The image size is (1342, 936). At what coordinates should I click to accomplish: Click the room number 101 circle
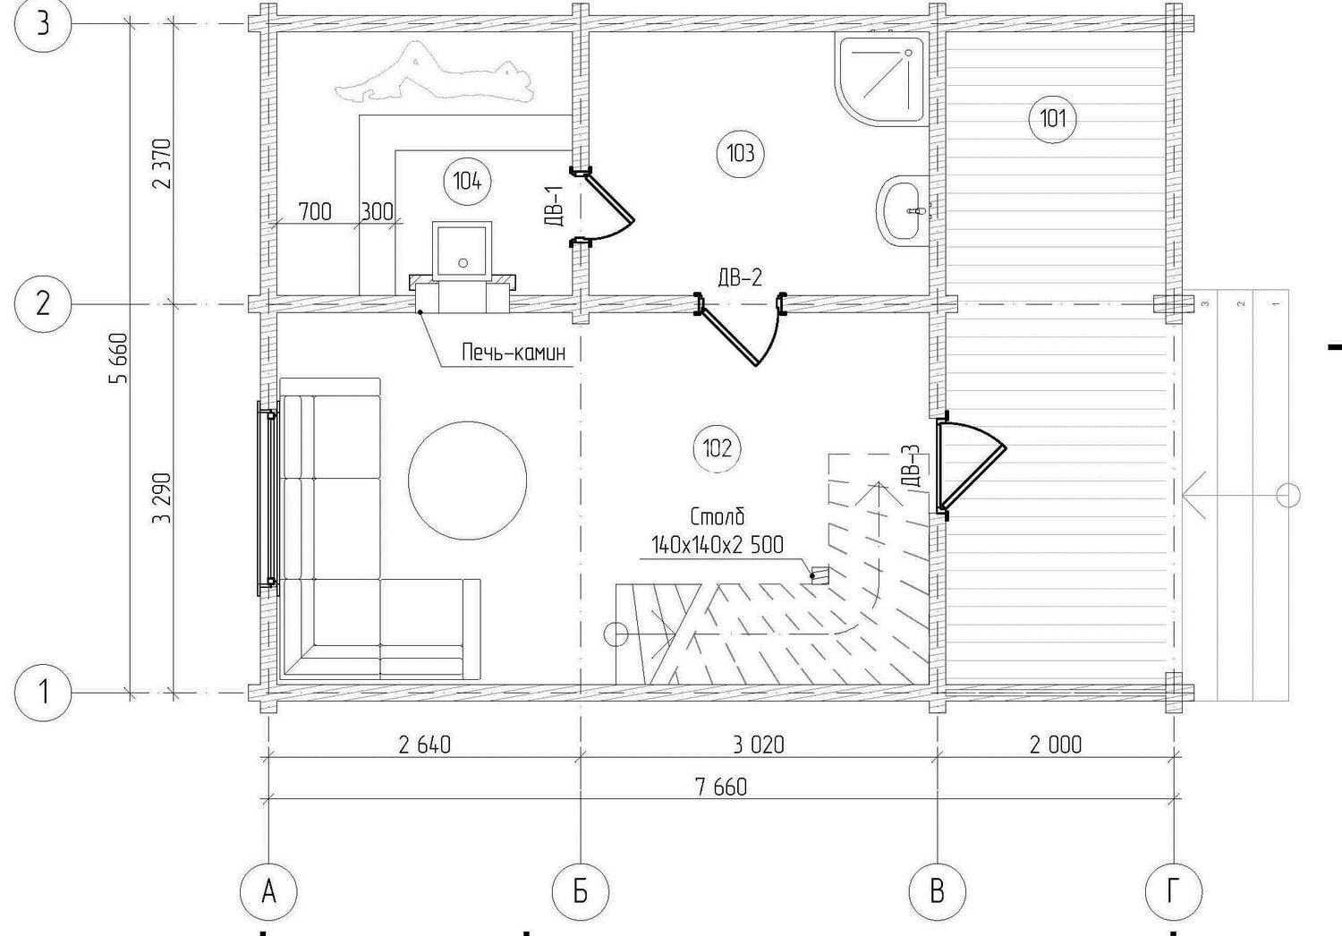coord(1052,119)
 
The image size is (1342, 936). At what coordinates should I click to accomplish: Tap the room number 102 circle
coord(717,448)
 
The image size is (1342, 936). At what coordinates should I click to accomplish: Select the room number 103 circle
coord(741,154)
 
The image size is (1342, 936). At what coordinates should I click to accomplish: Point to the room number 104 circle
coord(467,181)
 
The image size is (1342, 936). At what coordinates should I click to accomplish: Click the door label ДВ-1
coord(556,206)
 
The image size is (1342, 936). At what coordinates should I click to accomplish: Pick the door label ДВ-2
coord(740,277)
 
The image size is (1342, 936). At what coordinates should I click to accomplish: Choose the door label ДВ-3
coord(910,465)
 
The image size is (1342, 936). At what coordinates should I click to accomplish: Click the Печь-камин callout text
coord(514,353)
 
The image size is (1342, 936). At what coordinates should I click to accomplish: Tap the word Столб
coord(718,516)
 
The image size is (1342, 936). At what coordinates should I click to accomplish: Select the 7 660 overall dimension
coord(722,787)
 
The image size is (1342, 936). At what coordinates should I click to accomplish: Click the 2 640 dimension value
coord(424,745)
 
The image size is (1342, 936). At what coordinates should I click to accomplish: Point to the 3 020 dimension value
coord(758,745)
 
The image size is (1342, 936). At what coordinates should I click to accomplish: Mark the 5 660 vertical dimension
coord(119,358)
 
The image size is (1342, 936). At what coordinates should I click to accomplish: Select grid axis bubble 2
coord(43,304)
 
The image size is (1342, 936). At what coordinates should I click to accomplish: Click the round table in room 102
coord(467,480)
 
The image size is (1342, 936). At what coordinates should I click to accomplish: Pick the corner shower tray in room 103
coord(880,79)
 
